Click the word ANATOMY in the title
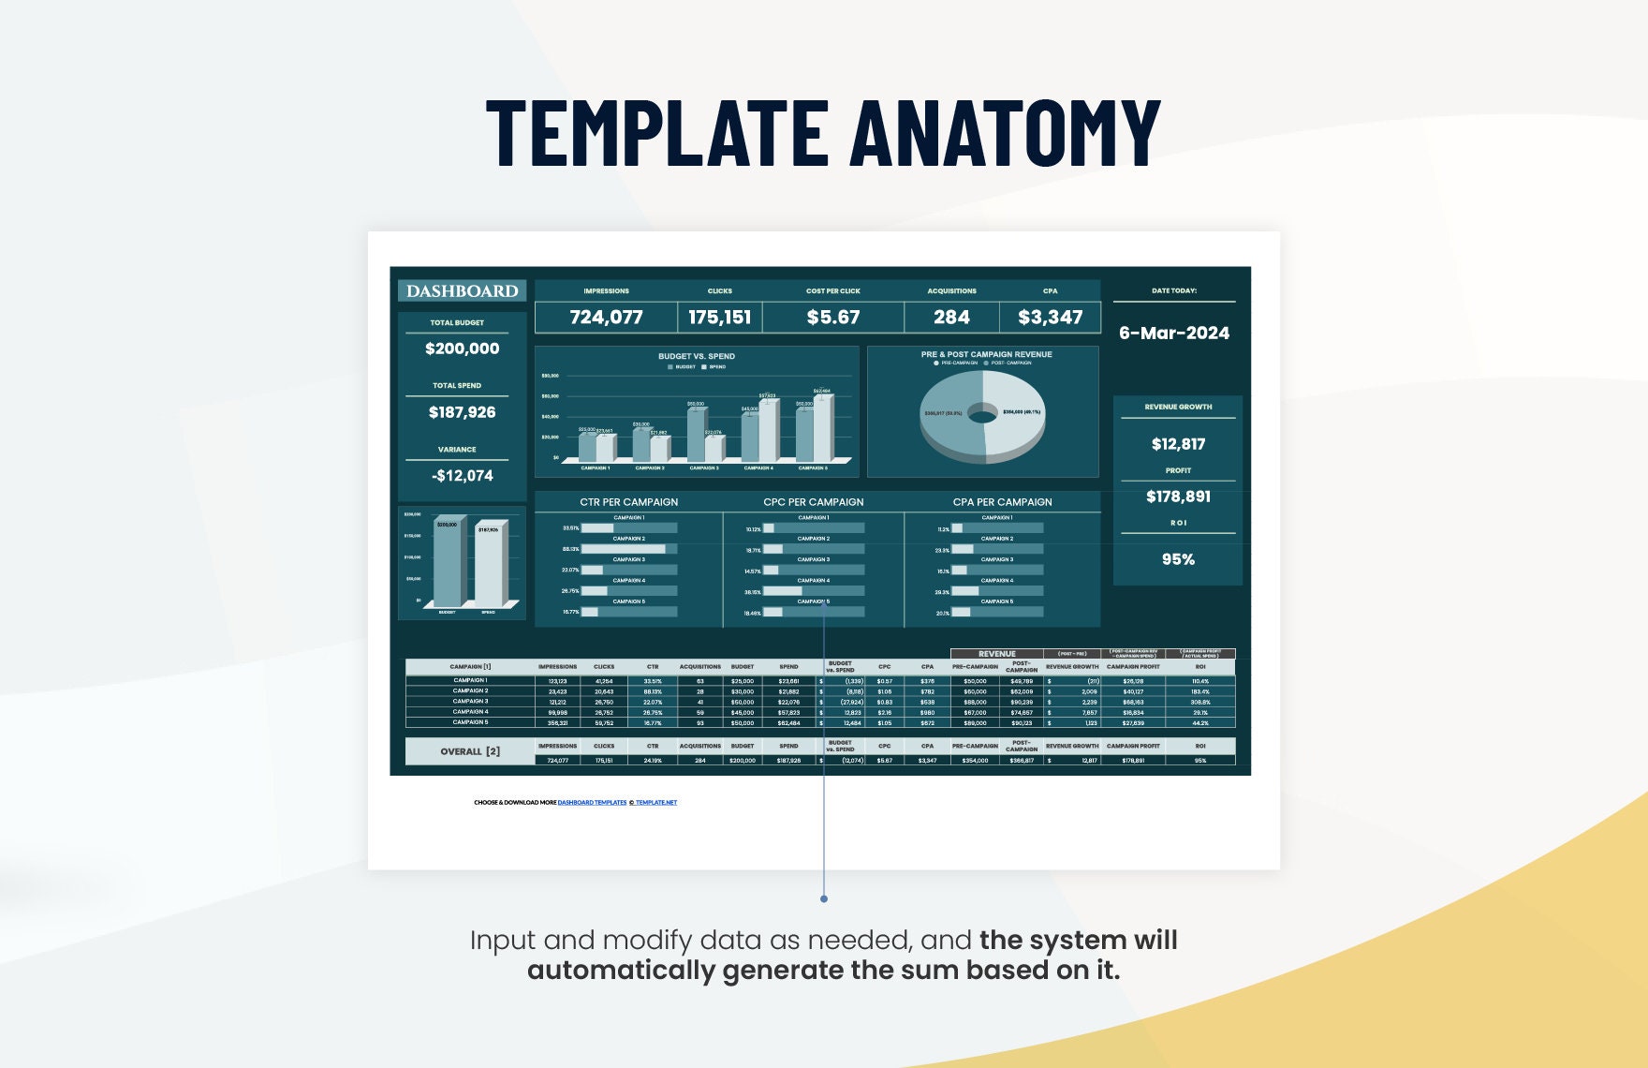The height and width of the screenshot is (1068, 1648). point(1007,132)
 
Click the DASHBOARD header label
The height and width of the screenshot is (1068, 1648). point(462,291)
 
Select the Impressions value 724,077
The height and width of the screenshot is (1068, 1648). point(606,318)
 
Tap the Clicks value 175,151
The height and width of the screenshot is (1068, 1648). point(719,318)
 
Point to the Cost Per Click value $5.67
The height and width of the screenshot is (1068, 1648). point(832,318)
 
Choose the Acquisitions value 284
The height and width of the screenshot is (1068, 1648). point(951,318)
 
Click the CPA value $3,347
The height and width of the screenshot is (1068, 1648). point(1050,318)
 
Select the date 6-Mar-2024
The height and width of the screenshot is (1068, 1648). point(1174,333)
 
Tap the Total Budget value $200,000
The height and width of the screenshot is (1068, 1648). point(462,349)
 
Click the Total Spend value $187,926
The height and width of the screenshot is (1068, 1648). point(462,412)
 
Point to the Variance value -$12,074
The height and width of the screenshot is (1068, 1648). point(462,476)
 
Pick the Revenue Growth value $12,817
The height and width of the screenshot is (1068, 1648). point(1178,444)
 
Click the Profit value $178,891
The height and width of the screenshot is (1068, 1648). point(1178,497)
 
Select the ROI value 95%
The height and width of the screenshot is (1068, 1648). point(1178,559)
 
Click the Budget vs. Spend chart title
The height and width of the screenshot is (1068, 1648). point(696,356)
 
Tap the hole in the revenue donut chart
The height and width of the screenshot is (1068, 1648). point(982,412)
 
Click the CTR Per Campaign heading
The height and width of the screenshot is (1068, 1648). point(628,502)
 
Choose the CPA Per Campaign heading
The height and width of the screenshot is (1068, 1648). point(1002,502)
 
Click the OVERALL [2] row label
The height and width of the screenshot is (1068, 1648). point(469,751)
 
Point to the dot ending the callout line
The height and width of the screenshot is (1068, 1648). point(824,898)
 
